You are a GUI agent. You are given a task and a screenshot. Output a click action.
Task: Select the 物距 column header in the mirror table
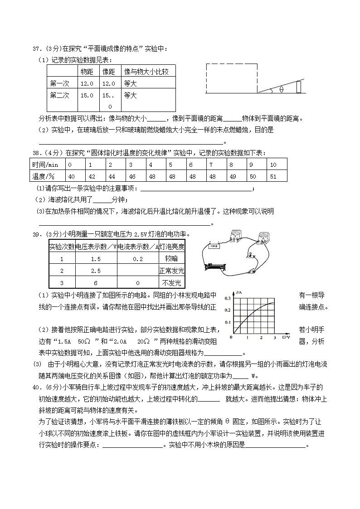point(87,71)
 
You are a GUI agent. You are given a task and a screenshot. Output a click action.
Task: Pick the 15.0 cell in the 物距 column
point(87,95)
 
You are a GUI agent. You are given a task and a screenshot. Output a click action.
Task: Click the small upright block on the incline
point(299,85)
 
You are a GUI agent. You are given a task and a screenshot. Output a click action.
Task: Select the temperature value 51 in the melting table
point(273,176)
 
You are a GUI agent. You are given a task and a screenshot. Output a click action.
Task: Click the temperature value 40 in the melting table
point(71,176)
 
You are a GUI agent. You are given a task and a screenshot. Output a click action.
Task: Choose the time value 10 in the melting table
point(273,165)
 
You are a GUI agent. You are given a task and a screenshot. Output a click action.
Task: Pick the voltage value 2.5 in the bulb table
point(95,271)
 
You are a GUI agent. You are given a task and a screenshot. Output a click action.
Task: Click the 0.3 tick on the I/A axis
point(229,299)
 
